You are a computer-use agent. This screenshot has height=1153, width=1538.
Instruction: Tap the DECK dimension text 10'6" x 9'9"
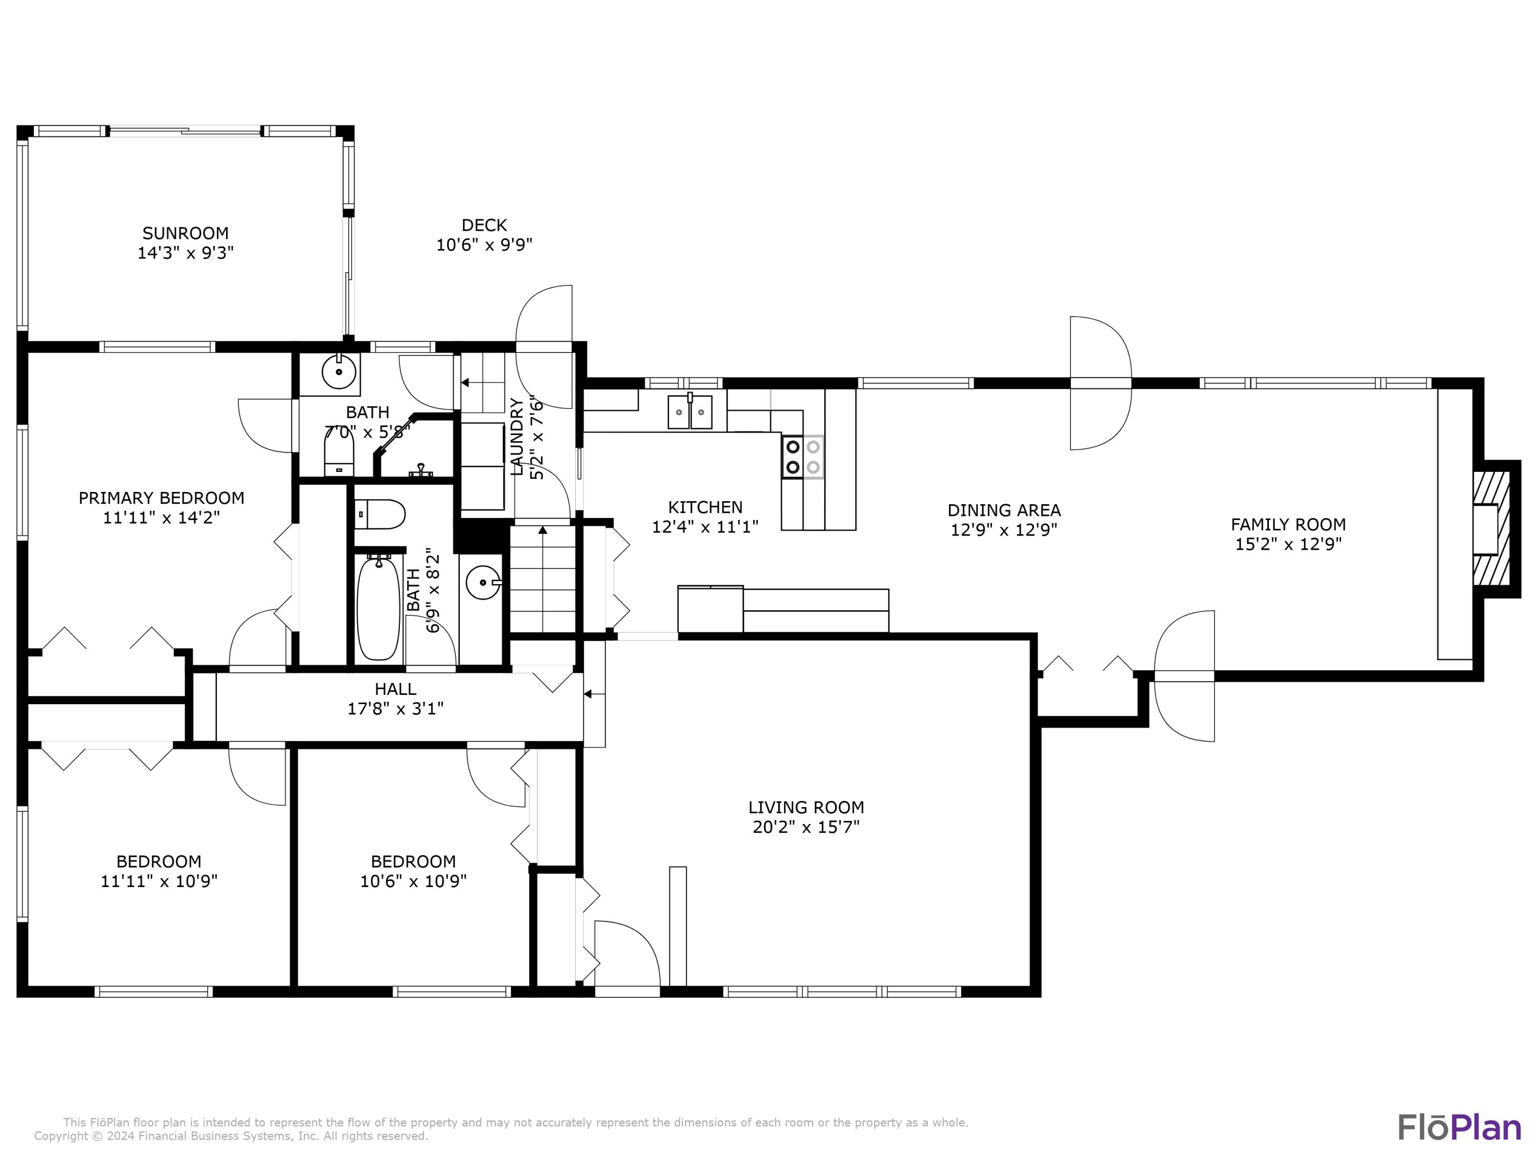pyautogui.click(x=484, y=244)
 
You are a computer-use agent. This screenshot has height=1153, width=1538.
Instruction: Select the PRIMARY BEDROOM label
pyautogui.click(x=161, y=498)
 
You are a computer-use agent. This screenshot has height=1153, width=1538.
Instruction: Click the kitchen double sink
pyautogui.click(x=691, y=411)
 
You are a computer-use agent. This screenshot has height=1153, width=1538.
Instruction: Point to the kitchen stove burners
pyautogui.click(x=803, y=457)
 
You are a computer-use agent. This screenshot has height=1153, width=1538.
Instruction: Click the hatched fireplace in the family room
pyautogui.click(x=1491, y=529)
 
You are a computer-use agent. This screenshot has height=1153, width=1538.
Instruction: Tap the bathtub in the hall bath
pyautogui.click(x=378, y=607)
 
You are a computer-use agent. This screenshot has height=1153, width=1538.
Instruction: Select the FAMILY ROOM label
pyautogui.click(x=1288, y=525)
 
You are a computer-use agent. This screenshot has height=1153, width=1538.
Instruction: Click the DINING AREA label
pyautogui.click(x=1004, y=511)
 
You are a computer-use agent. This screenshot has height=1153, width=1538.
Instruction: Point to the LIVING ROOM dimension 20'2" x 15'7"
pyautogui.click(x=806, y=827)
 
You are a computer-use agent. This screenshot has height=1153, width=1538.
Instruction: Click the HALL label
pyautogui.click(x=396, y=689)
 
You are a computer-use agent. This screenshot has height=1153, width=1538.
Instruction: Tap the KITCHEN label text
pyautogui.click(x=705, y=507)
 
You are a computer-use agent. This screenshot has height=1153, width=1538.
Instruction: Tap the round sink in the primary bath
pyautogui.click(x=339, y=373)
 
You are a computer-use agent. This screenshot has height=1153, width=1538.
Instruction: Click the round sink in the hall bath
pyautogui.click(x=482, y=583)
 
